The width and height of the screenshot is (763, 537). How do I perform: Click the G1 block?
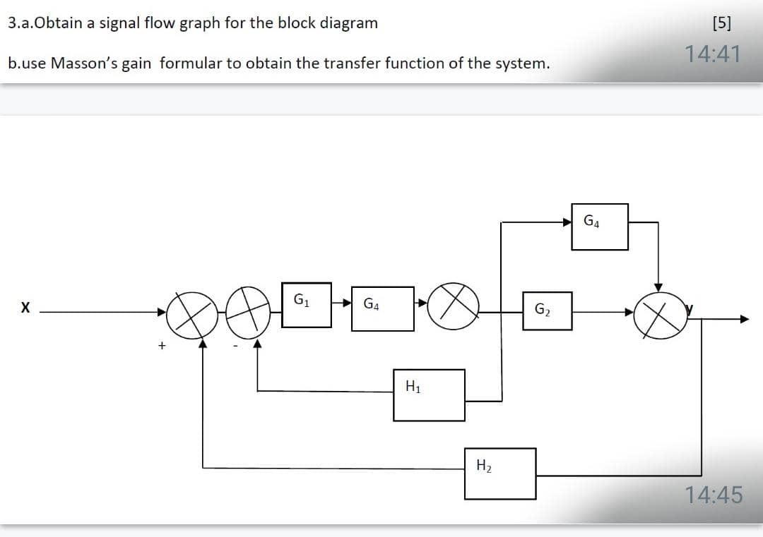click(x=307, y=304)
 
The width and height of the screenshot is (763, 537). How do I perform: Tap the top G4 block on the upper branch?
click(x=599, y=227)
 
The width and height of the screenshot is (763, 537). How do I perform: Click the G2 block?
click(x=547, y=310)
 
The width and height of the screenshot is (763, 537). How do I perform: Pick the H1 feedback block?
click(x=429, y=395)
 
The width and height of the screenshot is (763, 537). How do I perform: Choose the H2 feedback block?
click(x=500, y=473)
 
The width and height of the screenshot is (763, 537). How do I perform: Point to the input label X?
click(x=25, y=308)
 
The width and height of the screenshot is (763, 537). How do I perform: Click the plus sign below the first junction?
click(x=162, y=346)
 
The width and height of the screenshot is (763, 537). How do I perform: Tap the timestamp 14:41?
click(x=713, y=54)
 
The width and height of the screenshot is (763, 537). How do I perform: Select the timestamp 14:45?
click(x=714, y=495)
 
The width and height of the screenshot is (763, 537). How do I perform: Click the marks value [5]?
click(x=722, y=23)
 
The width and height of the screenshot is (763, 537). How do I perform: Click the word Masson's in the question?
click(x=81, y=64)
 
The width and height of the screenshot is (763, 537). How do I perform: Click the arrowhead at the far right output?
click(x=743, y=319)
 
